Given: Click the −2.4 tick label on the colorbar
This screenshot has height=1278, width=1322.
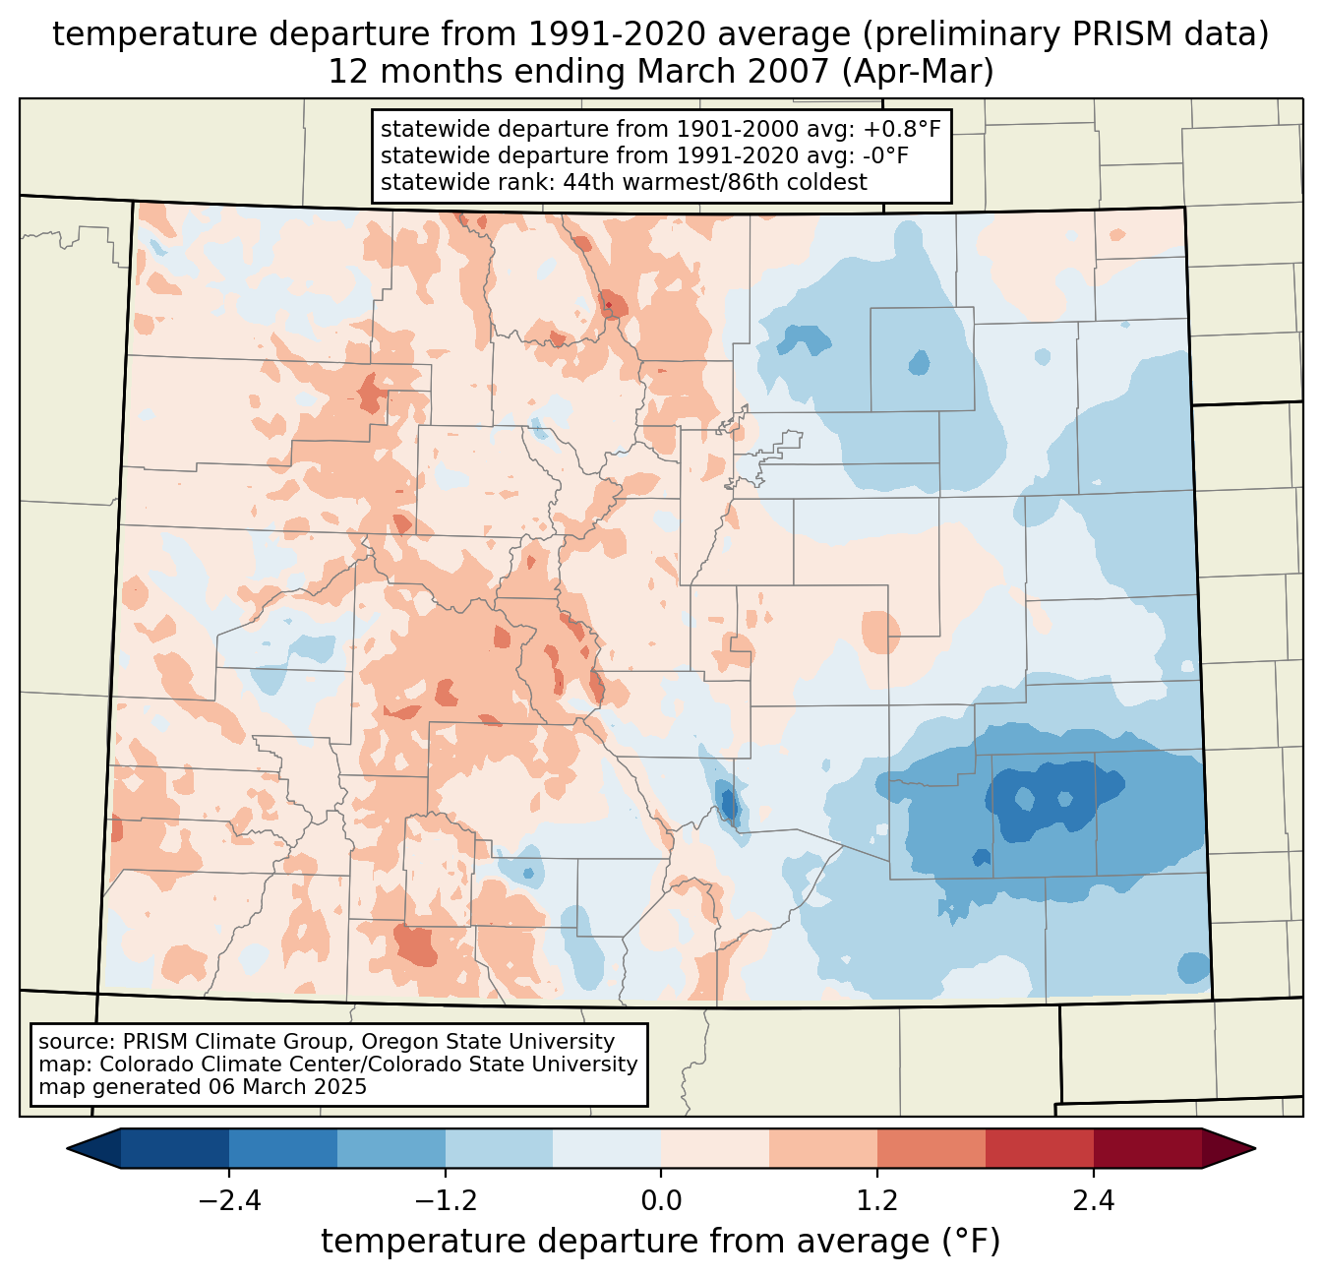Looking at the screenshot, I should coord(228,1201).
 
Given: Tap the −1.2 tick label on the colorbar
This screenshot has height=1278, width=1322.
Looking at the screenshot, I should coord(445,1201).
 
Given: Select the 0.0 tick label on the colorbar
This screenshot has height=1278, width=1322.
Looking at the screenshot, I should coord(661,1201).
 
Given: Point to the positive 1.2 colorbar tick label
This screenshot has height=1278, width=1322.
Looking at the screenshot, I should coord(877,1201).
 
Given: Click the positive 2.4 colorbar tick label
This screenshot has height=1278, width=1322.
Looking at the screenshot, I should coord(1094,1201).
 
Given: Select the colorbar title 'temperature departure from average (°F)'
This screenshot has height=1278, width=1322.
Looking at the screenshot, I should coord(661,1242).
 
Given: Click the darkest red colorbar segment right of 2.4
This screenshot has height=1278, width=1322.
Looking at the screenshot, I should coord(1147,1148).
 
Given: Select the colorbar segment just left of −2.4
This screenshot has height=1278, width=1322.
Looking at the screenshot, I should coord(175,1148).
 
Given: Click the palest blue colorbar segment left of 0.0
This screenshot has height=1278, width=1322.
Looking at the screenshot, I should coord(607,1148).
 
